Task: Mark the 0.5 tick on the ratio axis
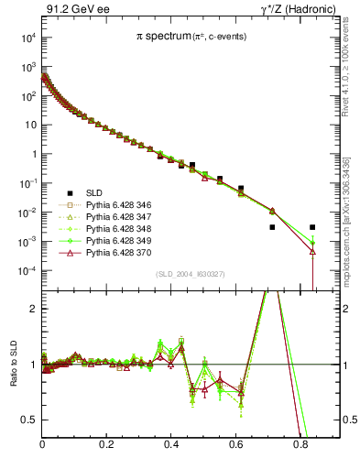point(29,420)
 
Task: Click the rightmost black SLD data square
point(312,227)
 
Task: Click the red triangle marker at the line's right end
point(312,251)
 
